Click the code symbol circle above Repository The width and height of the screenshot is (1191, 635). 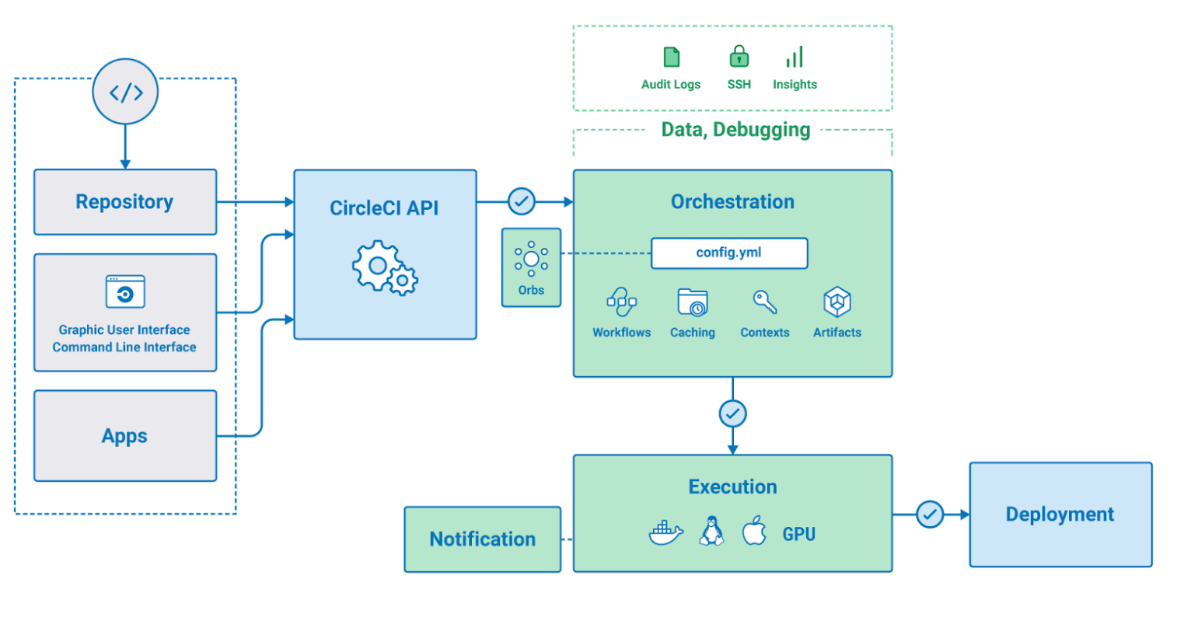(x=125, y=92)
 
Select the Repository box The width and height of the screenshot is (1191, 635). (x=125, y=202)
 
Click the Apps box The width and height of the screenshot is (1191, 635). (x=125, y=436)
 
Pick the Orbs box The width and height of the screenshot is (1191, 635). (x=531, y=267)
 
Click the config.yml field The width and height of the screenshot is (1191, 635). (x=729, y=253)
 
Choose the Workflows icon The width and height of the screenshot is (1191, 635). (x=621, y=302)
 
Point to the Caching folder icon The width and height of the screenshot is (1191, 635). (x=693, y=302)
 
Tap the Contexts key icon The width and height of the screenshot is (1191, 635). (x=765, y=302)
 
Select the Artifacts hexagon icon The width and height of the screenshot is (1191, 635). (x=837, y=302)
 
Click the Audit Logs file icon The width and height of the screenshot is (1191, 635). (x=672, y=58)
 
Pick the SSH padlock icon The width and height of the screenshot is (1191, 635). (x=739, y=57)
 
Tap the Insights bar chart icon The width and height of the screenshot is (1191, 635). (x=795, y=58)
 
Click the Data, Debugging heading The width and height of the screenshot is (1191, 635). (x=735, y=130)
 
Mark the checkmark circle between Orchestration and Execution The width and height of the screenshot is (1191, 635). (x=732, y=413)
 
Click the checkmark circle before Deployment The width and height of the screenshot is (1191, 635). (x=930, y=515)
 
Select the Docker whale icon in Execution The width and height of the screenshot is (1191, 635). (x=666, y=533)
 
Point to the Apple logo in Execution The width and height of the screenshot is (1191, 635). (x=754, y=531)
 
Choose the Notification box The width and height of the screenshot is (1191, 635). (x=483, y=539)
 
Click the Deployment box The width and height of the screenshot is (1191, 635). (x=1060, y=515)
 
